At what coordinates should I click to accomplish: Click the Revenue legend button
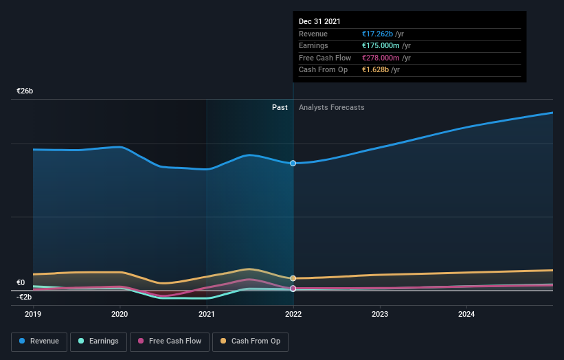(x=39, y=341)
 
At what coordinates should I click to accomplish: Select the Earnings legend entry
(x=98, y=341)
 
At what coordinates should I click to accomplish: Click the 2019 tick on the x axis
(x=34, y=314)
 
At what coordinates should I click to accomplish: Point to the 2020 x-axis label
(x=120, y=314)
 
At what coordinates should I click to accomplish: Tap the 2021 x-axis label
(x=207, y=314)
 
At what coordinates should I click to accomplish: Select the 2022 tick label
(x=293, y=314)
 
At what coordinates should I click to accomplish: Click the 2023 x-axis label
(x=380, y=314)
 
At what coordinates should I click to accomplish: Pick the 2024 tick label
(x=466, y=314)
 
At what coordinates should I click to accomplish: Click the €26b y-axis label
(x=25, y=91)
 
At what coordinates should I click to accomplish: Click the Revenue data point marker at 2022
(x=293, y=163)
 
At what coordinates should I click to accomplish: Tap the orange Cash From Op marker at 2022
(x=293, y=278)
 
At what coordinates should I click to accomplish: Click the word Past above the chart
(x=280, y=107)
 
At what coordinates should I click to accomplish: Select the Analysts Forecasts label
(x=331, y=107)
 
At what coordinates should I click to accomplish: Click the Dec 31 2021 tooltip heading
(x=319, y=22)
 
